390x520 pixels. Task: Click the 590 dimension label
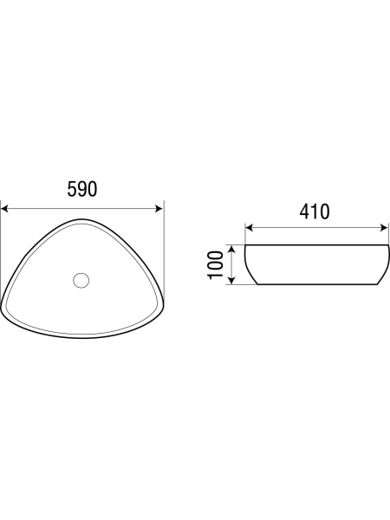pos(82,189)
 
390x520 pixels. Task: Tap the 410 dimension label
pos(315,211)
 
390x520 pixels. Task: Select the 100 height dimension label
pos(216,265)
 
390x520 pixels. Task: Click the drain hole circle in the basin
pos(81,280)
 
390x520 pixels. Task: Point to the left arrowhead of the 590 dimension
pos(4,209)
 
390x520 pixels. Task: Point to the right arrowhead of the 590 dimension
pos(159,209)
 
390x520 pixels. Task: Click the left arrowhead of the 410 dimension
pos(250,228)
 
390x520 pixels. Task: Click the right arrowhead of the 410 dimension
pos(384,228)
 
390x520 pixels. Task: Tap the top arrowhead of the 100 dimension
pos(232,249)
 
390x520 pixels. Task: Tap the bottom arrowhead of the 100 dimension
pos(232,281)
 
